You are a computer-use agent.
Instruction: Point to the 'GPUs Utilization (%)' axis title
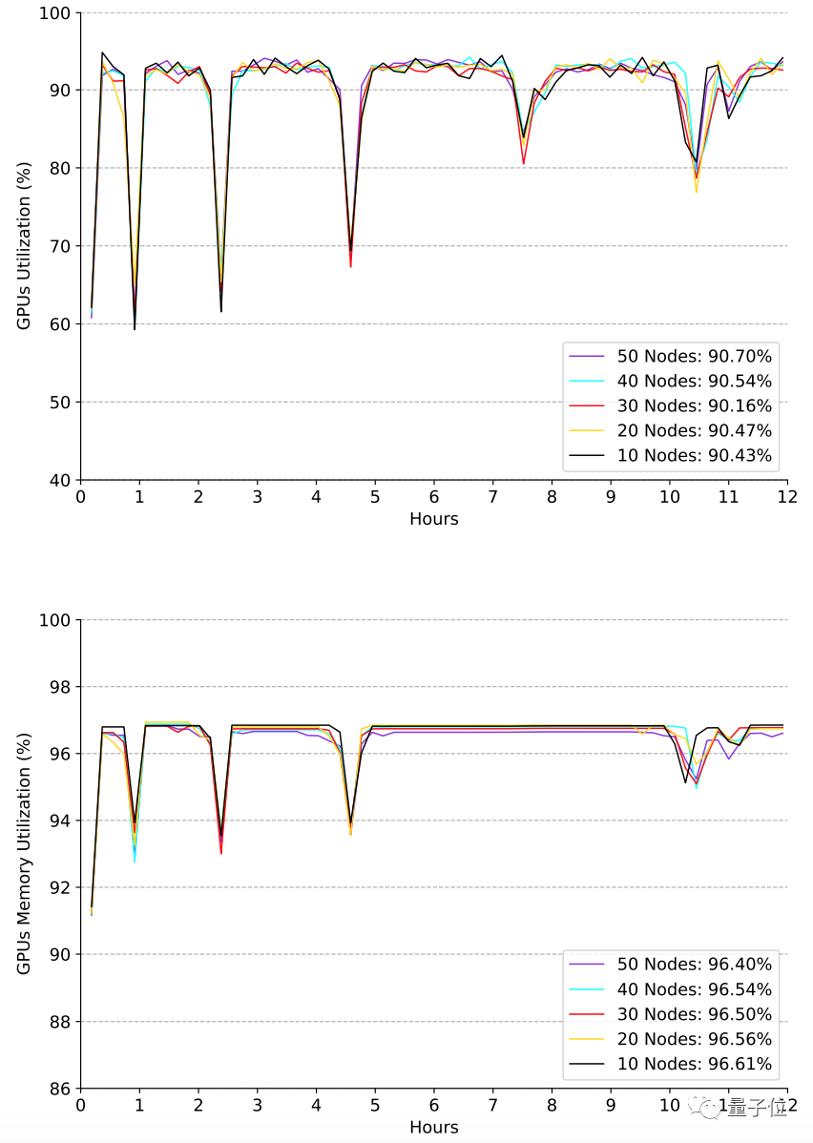[25, 246]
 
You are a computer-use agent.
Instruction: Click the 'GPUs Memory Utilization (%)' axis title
[25, 854]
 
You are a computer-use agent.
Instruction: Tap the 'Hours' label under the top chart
[434, 519]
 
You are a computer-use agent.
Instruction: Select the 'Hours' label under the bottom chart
[434, 1127]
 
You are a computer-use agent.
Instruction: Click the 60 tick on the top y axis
[59, 324]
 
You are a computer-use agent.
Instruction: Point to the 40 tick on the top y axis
[59, 480]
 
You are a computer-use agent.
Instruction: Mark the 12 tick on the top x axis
[787, 497]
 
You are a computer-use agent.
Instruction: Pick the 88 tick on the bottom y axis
[59, 1022]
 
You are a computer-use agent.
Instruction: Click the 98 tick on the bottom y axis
[59, 687]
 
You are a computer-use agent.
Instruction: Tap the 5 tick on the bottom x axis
[375, 1105]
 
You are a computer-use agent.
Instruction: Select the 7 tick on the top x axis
[493, 497]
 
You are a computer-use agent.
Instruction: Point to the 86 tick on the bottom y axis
[59, 1089]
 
